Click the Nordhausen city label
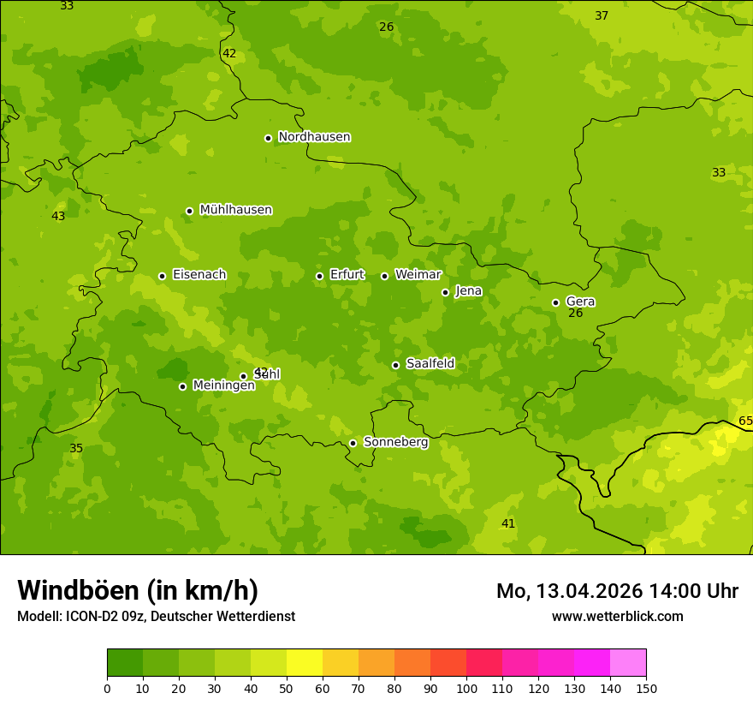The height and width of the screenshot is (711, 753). point(314,137)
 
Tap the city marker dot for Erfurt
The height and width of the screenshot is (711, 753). point(319,276)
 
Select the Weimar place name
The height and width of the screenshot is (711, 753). point(418,275)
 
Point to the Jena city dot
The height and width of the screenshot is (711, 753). point(445,292)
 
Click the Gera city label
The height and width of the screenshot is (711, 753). point(580,302)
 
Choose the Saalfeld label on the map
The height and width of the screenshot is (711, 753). point(430,364)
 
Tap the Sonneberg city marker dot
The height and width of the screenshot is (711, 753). point(353,443)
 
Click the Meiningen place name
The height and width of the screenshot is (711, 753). point(223,385)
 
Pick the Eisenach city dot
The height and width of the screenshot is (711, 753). point(162,276)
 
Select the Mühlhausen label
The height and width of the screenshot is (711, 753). point(235,210)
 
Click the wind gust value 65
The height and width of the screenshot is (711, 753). point(745,421)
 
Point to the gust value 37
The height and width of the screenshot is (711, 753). point(602,16)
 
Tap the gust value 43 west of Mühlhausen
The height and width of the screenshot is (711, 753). point(58,217)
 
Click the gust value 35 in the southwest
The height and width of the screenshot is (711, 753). point(76,449)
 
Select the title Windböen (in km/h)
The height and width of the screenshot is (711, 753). point(138,590)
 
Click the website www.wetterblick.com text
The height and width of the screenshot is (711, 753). point(617,617)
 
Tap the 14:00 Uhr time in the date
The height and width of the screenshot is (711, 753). point(693,591)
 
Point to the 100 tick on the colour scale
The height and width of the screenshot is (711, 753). point(466,689)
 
